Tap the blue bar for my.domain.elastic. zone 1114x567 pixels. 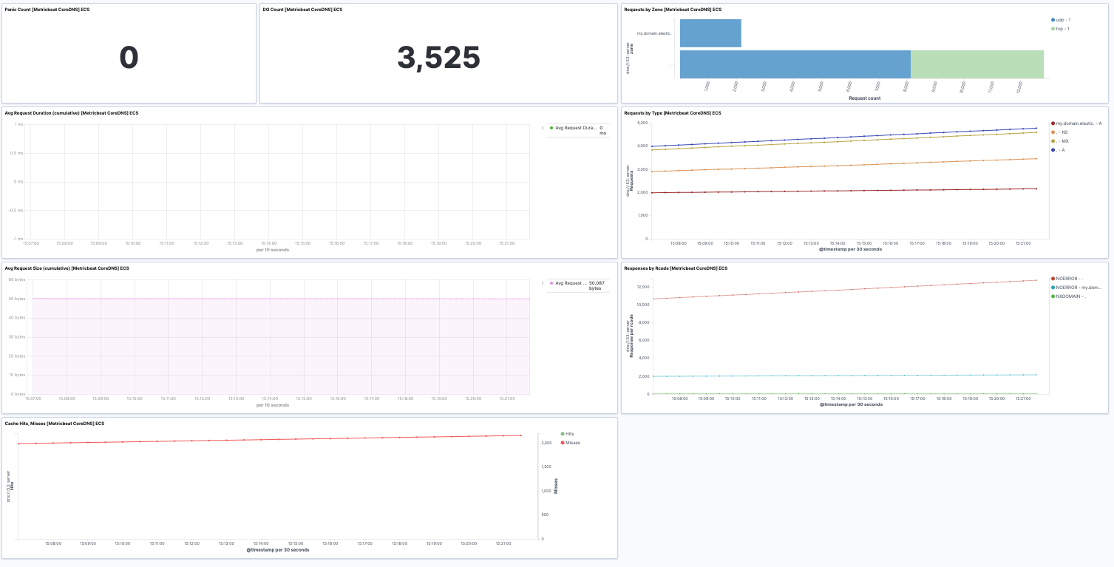click(x=710, y=33)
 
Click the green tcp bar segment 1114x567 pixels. click(x=977, y=64)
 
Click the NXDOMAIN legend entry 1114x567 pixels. click(x=1070, y=296)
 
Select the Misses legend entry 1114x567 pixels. click(x=573, y=443)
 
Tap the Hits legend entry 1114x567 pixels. click(x=570, y=434)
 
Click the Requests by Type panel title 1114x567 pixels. click(x=672, y=113)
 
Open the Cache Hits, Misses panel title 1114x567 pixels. click(x=55, y=424)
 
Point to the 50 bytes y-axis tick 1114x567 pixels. click(x=16, y=299)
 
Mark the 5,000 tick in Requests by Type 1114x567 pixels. click(x=642, y=123)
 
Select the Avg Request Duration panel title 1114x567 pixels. click(x=72, y=113)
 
